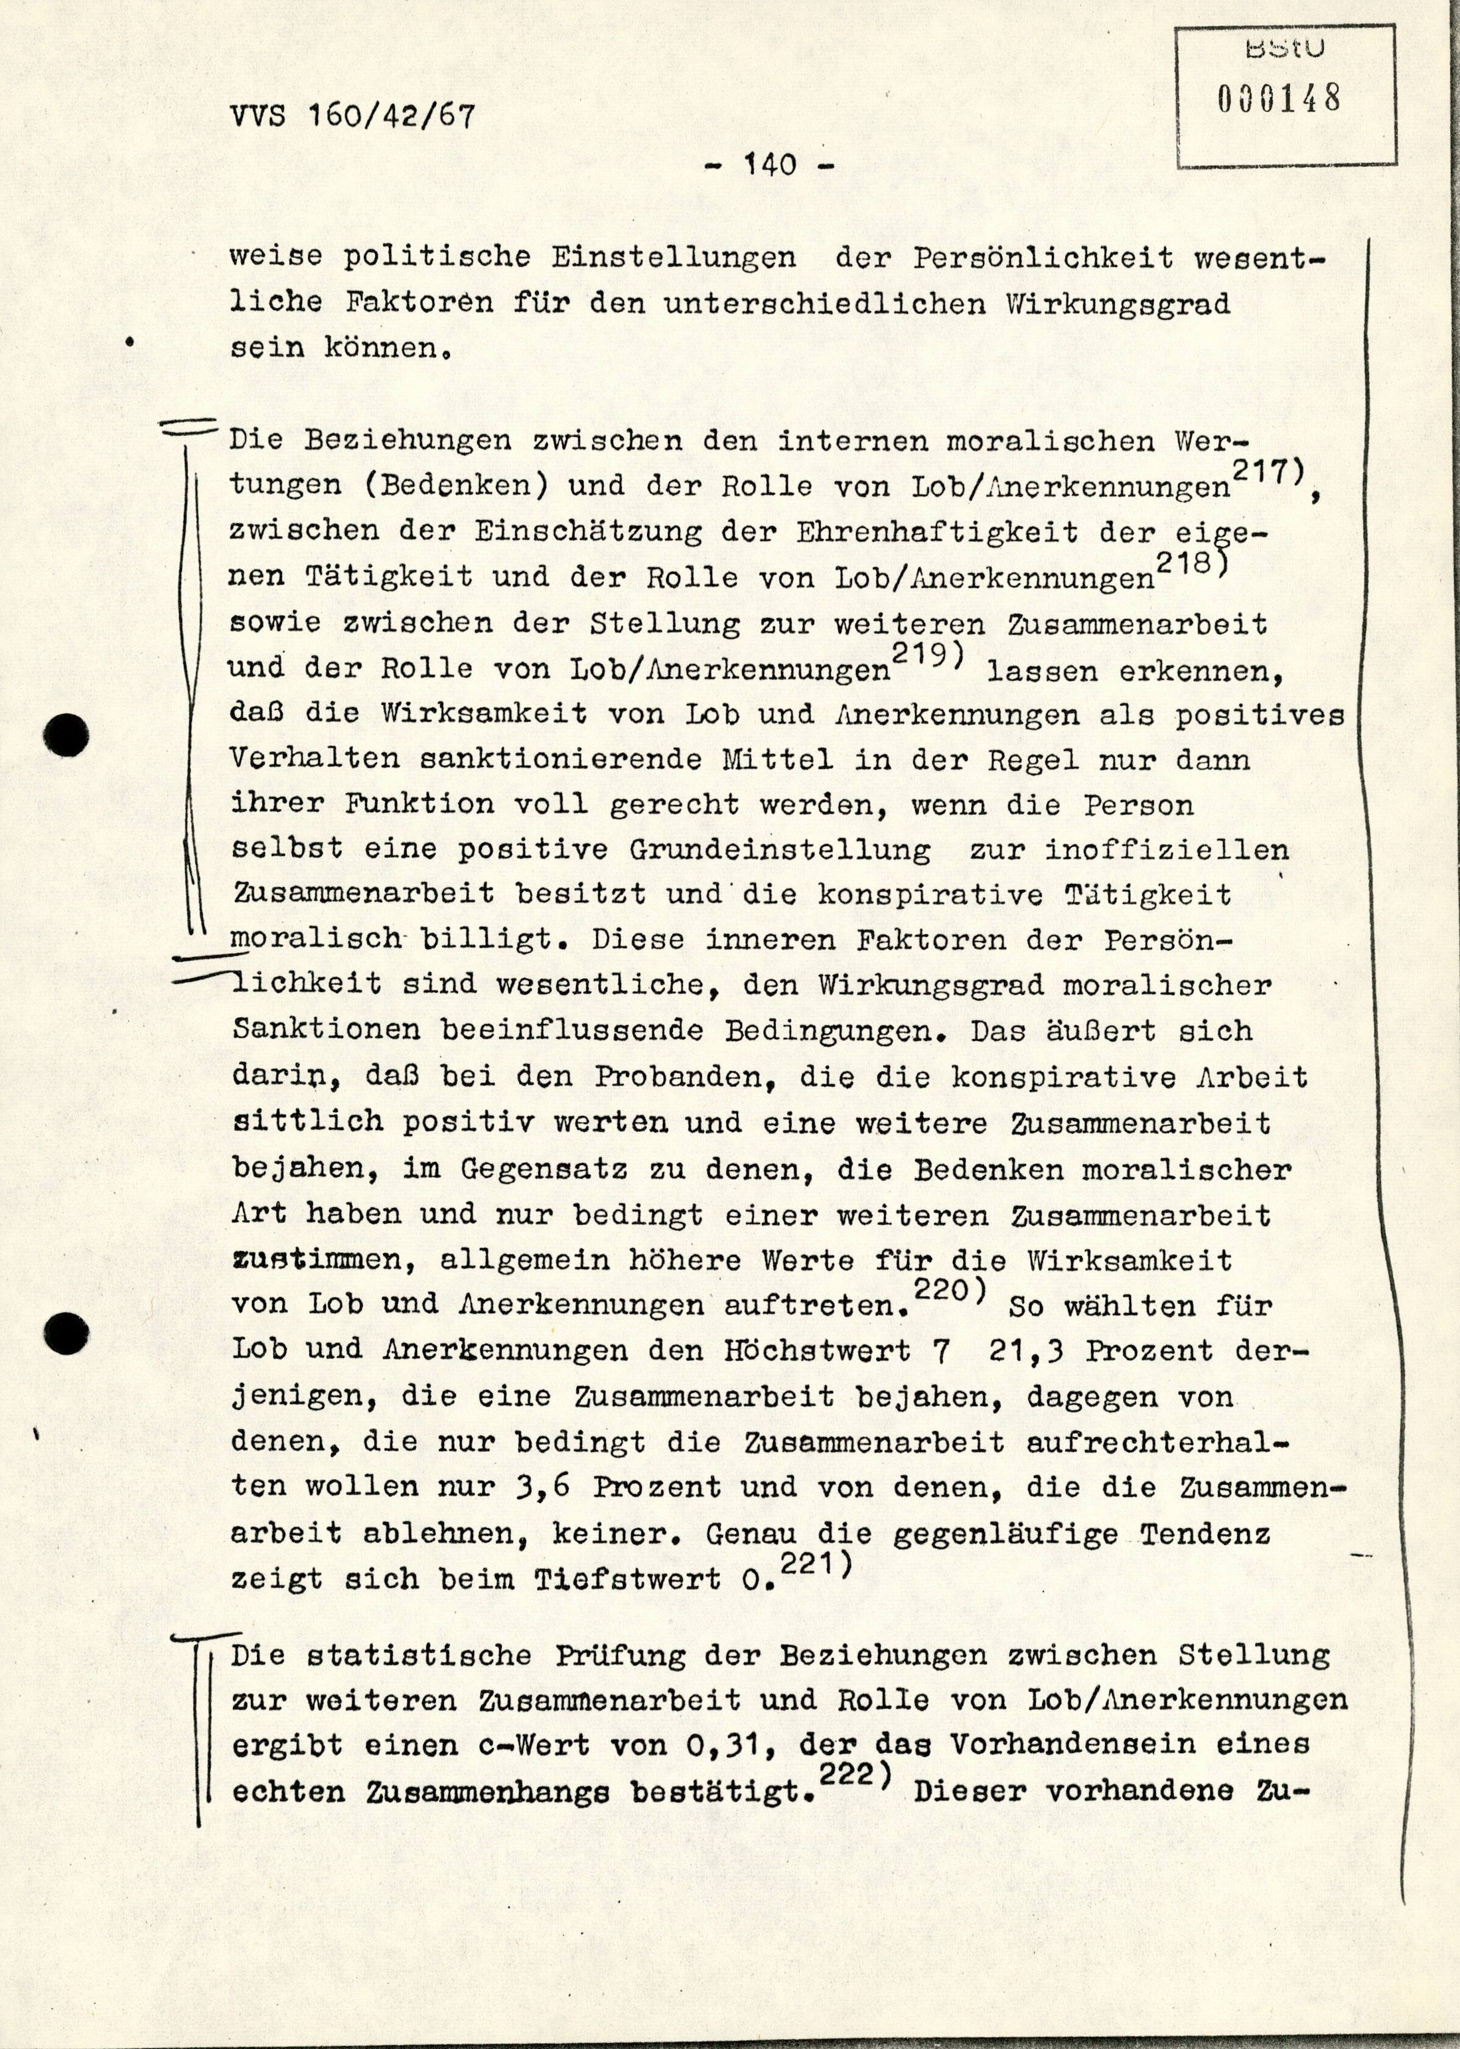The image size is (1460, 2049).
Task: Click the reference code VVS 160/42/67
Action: [x=352, y=117]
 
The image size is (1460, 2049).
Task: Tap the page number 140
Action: [x=770, y=165]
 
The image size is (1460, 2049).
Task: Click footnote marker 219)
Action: [x=927, y=654]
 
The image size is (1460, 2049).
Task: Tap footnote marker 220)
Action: [x=950, y=1291]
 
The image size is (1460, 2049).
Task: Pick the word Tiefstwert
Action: [x=628, y=1580]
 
